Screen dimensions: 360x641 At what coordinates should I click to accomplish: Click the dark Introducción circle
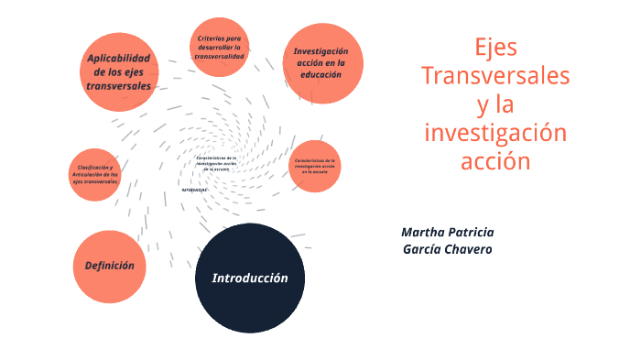[x=250, y=278]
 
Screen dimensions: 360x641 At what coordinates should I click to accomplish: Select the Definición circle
[x=110, y=266]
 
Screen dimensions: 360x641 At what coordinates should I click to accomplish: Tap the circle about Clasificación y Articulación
[x=94, y=176]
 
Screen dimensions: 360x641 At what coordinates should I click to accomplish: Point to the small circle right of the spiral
[x=315, y=165]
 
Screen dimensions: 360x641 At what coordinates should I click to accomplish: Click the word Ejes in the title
[x=495, y=46]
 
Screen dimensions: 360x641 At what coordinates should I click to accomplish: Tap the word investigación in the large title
[x=495, y=133]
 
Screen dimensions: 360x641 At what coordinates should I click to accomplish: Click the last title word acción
[x=495, y=161]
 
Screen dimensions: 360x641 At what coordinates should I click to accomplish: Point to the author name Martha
[x=424, y=232]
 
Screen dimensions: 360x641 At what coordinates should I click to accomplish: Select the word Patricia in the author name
[x=472, y=232]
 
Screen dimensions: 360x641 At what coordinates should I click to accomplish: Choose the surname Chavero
[x=470, y=249]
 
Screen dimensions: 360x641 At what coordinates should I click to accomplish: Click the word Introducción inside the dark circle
[x=250, y=278]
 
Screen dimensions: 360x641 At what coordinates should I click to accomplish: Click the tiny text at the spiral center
[x=216, y=163]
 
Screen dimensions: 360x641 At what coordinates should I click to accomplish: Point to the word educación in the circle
[x=321, y=75]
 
